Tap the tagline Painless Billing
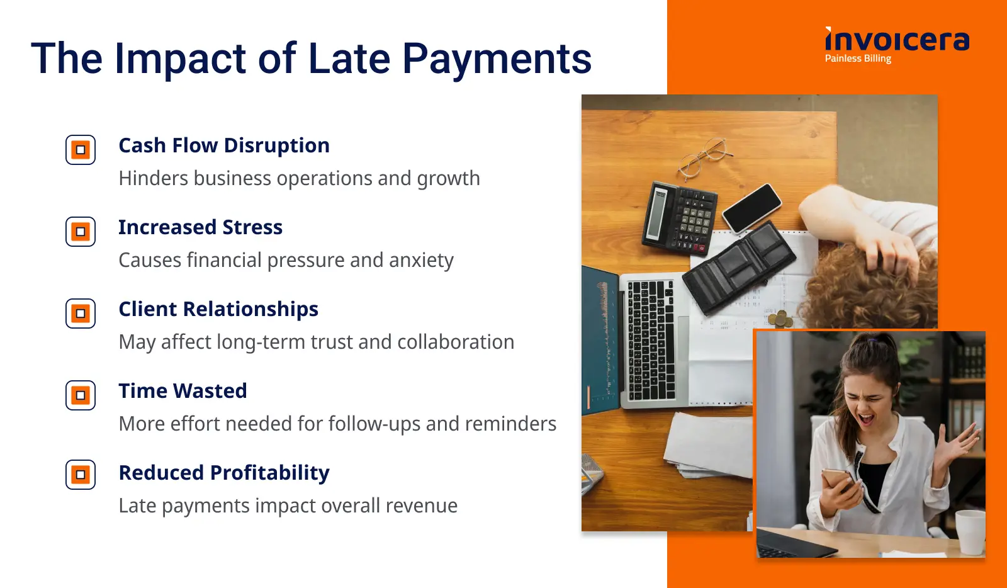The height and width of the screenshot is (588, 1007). [858, 59]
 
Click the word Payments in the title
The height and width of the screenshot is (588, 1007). [497, 59]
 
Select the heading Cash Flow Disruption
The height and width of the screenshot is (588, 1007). [224, 145]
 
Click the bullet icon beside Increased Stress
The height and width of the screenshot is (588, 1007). [81, 232]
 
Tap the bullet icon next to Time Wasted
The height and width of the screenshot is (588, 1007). [81, 395]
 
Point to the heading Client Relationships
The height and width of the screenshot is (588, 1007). [218, 309]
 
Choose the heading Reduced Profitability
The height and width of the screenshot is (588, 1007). [224, 473]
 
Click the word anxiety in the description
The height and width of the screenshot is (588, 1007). [421, 261]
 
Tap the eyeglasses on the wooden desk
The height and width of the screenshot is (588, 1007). [705, 157]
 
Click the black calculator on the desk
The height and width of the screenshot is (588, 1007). [680, 218]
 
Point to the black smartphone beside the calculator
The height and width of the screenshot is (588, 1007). [752, 208]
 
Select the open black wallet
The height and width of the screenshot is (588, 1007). [740, 268]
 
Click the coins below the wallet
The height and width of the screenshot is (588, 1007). [780, 319]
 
